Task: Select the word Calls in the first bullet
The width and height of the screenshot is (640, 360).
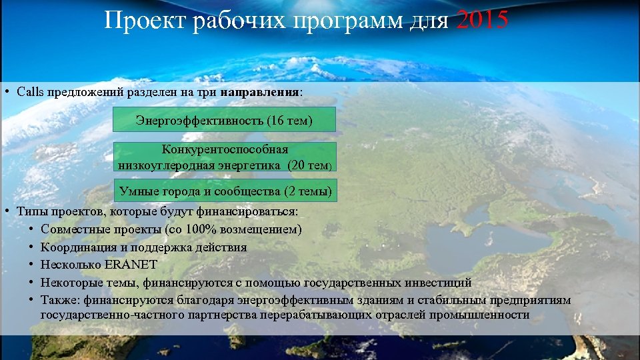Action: [30, 91]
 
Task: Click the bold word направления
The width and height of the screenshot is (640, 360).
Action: [260, 91]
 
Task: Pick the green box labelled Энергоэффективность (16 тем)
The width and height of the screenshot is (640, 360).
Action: [224, 121]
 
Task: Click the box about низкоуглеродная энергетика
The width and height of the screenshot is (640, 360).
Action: [225, 158]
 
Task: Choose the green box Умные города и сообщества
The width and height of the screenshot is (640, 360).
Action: [225, 191]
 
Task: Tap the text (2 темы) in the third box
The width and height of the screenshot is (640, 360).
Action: [307, 192]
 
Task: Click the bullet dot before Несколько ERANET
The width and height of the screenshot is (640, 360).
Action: [31, 265]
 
